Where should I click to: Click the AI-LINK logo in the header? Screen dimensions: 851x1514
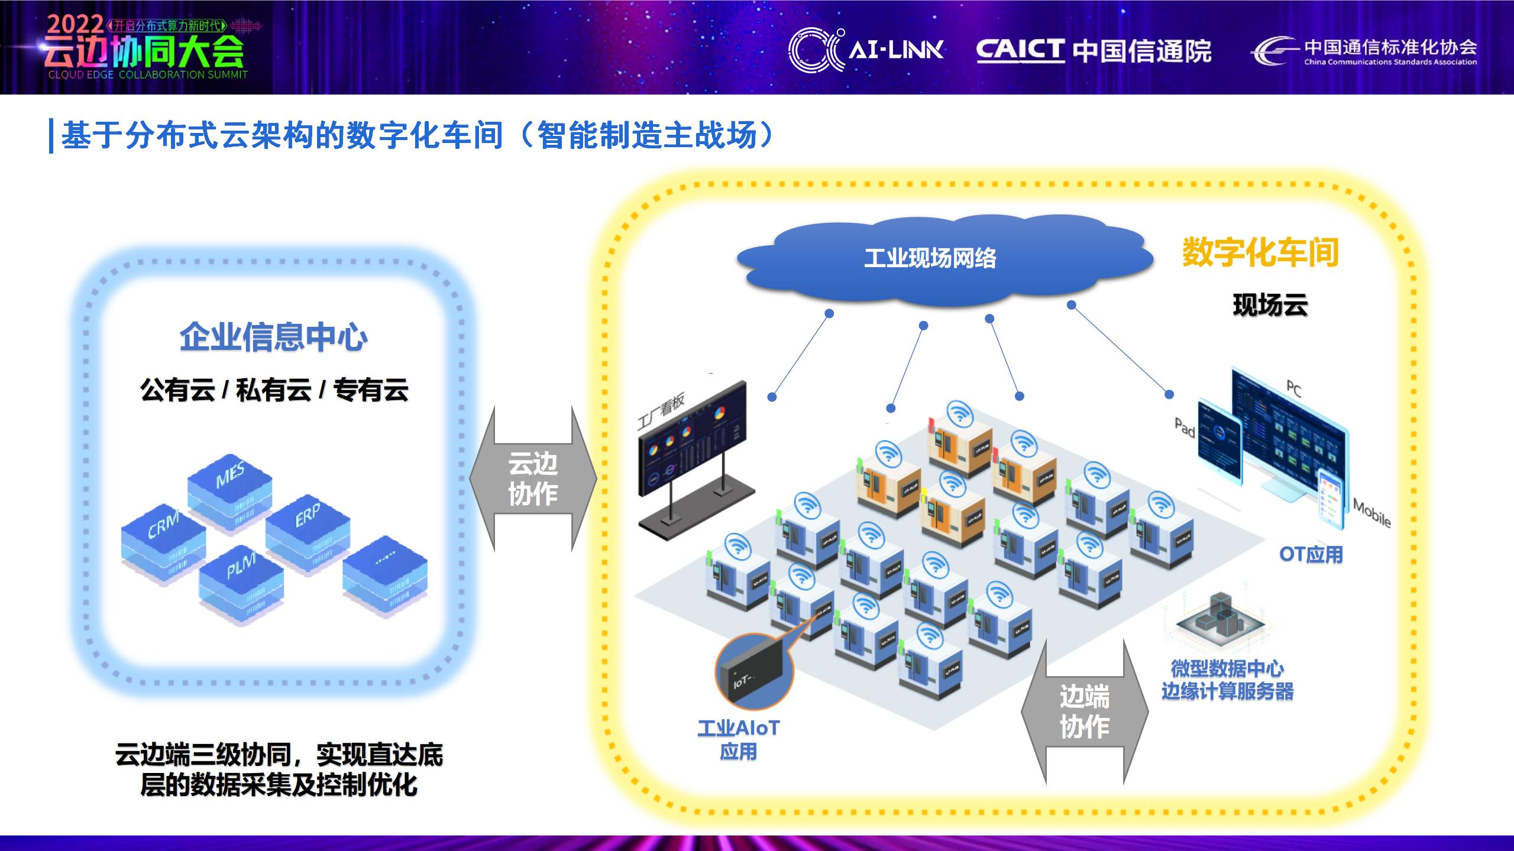coord(867,50)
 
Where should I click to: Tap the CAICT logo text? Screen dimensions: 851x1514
coord(1020,50)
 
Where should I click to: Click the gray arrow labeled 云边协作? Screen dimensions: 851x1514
coord(533,479)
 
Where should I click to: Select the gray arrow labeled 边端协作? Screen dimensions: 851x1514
coord(1084,712)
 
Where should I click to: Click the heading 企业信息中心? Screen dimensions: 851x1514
coord(273,337)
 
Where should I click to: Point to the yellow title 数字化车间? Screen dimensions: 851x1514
coord(1260,253)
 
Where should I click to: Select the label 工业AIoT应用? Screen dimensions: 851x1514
coord(739,739)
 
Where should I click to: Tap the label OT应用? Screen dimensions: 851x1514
coord(1311,554)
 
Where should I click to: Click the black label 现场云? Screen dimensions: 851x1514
coord(1270,306)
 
